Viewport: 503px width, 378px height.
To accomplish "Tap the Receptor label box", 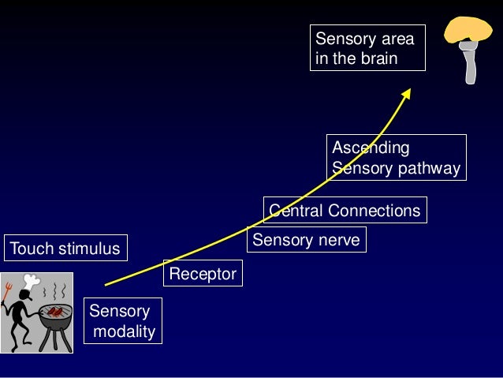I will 202,274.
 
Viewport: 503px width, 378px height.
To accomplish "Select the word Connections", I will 374,211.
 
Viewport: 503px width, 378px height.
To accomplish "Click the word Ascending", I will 371,148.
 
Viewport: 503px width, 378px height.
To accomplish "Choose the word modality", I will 125,331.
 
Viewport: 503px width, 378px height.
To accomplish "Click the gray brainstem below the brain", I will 470,65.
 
